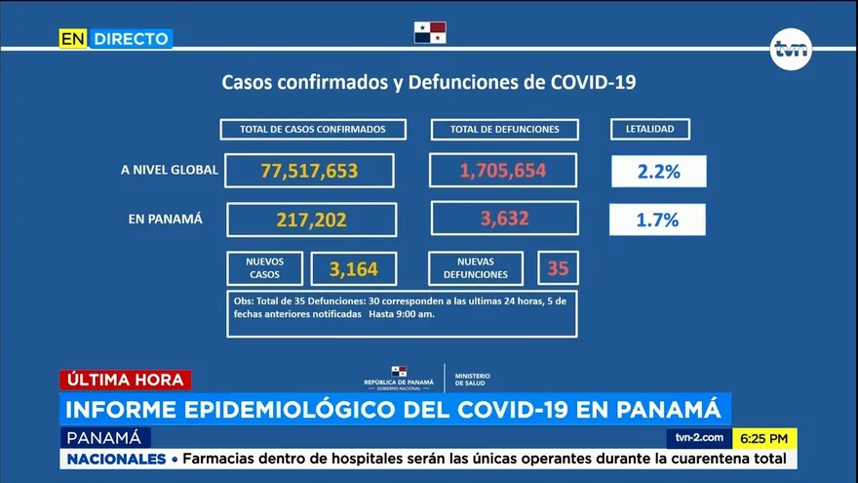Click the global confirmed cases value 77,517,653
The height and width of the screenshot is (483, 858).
(x=309, y=171)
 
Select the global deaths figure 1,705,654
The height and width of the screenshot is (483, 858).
(x=503, y=171)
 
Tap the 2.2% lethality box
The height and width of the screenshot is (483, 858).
(x=658, y=172)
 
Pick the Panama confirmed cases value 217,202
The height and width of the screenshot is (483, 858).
(x=311, y=220)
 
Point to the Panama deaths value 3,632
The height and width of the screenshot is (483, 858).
(x=504, y=219)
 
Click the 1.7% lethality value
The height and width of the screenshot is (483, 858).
(x=657, y=220)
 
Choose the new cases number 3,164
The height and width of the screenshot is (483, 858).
(x=354, y=267)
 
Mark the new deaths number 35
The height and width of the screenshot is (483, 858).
(x=558, y=267)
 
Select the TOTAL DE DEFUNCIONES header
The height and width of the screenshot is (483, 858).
(x=504, y=129)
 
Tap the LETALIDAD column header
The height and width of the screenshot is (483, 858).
(x=649, y=129)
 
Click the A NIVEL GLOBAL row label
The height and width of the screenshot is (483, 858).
(x=169, y=170)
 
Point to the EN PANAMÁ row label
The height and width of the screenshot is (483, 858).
(x=165, y=219)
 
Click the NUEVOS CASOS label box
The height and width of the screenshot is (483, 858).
(x=263, y=267)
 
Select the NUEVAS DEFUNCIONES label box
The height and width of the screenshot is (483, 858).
(x=475, y=268)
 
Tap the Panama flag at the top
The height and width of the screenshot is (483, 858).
(x=429, y=32)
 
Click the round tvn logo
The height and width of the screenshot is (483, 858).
(x=790, y=50)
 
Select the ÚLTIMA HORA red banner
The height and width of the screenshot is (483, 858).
(x=125, y=380)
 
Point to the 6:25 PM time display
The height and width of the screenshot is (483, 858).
(x=764, y=438)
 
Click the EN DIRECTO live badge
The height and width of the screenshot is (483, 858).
(x=115, y=39)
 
